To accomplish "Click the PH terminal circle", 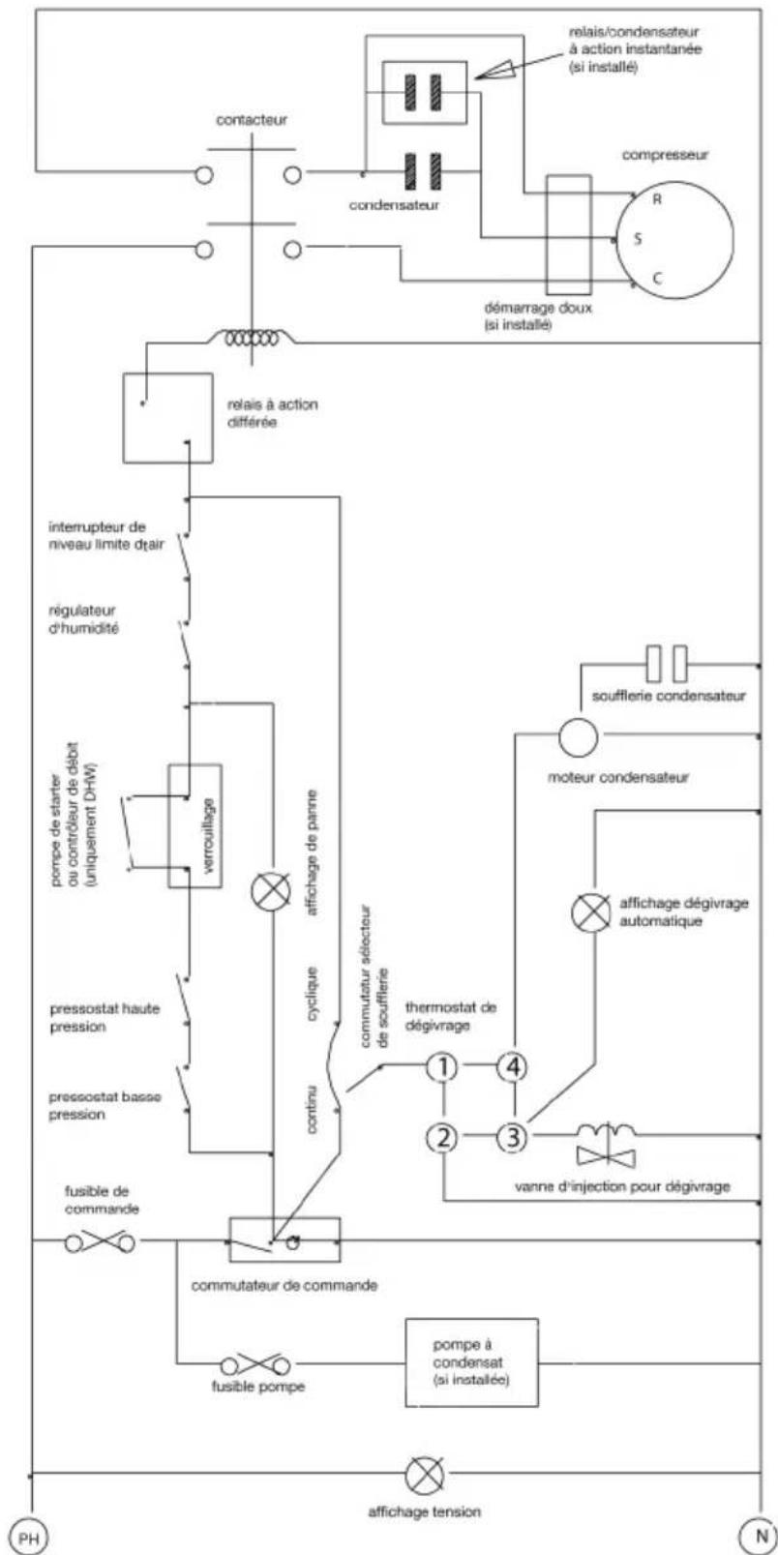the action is tap(28, 1537).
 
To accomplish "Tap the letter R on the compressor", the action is tap(656, 200).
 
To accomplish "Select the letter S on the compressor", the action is tap(637, 239).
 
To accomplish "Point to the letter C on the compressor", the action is tap(656, 279).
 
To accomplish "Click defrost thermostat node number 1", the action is tap(442, 1067).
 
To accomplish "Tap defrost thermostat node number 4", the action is tap(513, 1067).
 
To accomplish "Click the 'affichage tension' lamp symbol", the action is tap(425, 1475).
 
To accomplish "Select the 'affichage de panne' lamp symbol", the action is tap(271, 892).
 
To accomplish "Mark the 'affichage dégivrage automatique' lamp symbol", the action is tap(591, 912).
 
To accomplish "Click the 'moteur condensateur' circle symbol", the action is tap(578, 737).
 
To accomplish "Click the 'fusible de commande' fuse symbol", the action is tap(100, 1241).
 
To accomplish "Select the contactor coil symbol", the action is tap(252, 338).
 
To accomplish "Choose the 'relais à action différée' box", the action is tap(168, 418).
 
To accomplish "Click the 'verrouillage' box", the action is tap(195, 826).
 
